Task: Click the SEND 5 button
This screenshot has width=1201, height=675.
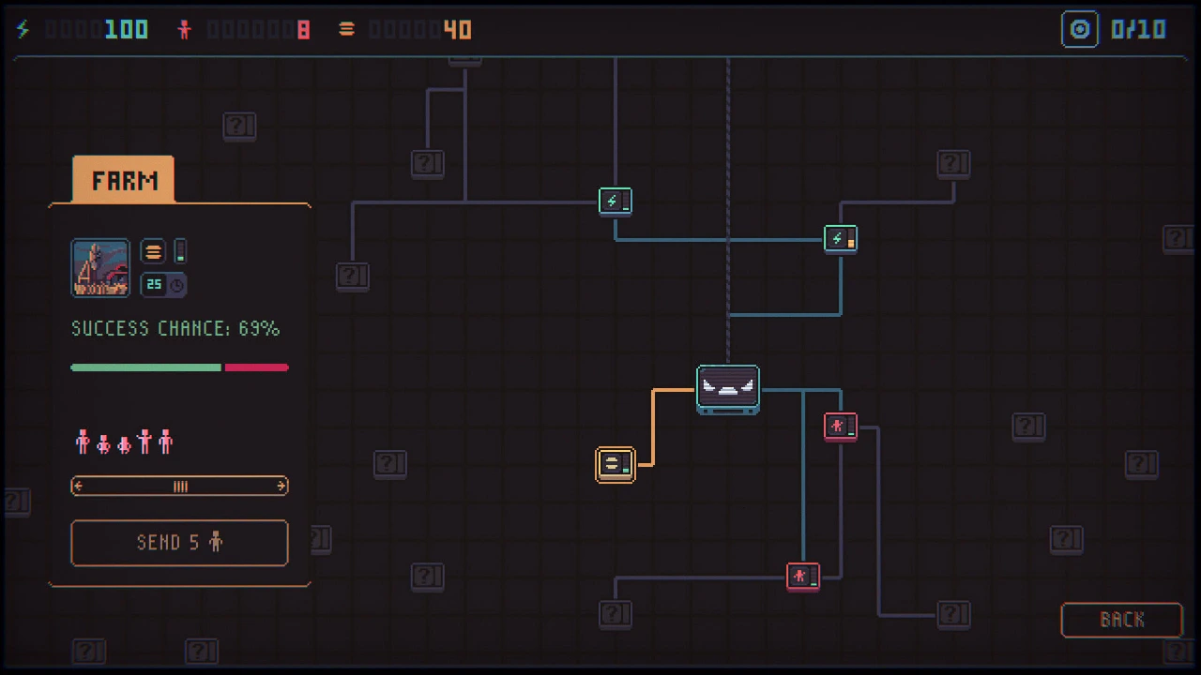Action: click(179, 543)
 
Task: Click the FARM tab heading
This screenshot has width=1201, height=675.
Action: click(124, 180)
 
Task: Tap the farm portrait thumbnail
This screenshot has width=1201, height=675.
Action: click(100, 268)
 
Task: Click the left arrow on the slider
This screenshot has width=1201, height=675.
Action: click(78, 486)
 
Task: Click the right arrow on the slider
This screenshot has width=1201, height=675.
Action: click(281, 486)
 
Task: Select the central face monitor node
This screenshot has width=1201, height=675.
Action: click(727, 389)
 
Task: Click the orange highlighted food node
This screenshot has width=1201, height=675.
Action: click(615, 464)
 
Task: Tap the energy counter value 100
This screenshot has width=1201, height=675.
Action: click(126, 29)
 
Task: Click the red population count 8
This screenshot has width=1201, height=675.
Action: click(303, 29)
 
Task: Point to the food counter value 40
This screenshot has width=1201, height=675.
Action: click(457, 29)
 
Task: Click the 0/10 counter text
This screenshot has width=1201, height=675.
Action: click(1138, 29)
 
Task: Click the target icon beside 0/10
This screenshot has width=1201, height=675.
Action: click(1079, 29)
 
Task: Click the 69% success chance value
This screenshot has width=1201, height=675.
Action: click(259, 328)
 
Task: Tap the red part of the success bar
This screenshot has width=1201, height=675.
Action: click(257, 367)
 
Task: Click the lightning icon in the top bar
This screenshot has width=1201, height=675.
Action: click(23, 29)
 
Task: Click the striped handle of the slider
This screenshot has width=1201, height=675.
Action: click(181, 486)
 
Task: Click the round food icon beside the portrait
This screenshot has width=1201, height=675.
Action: click(153, 251)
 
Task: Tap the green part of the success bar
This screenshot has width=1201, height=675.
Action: click(145, 367)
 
